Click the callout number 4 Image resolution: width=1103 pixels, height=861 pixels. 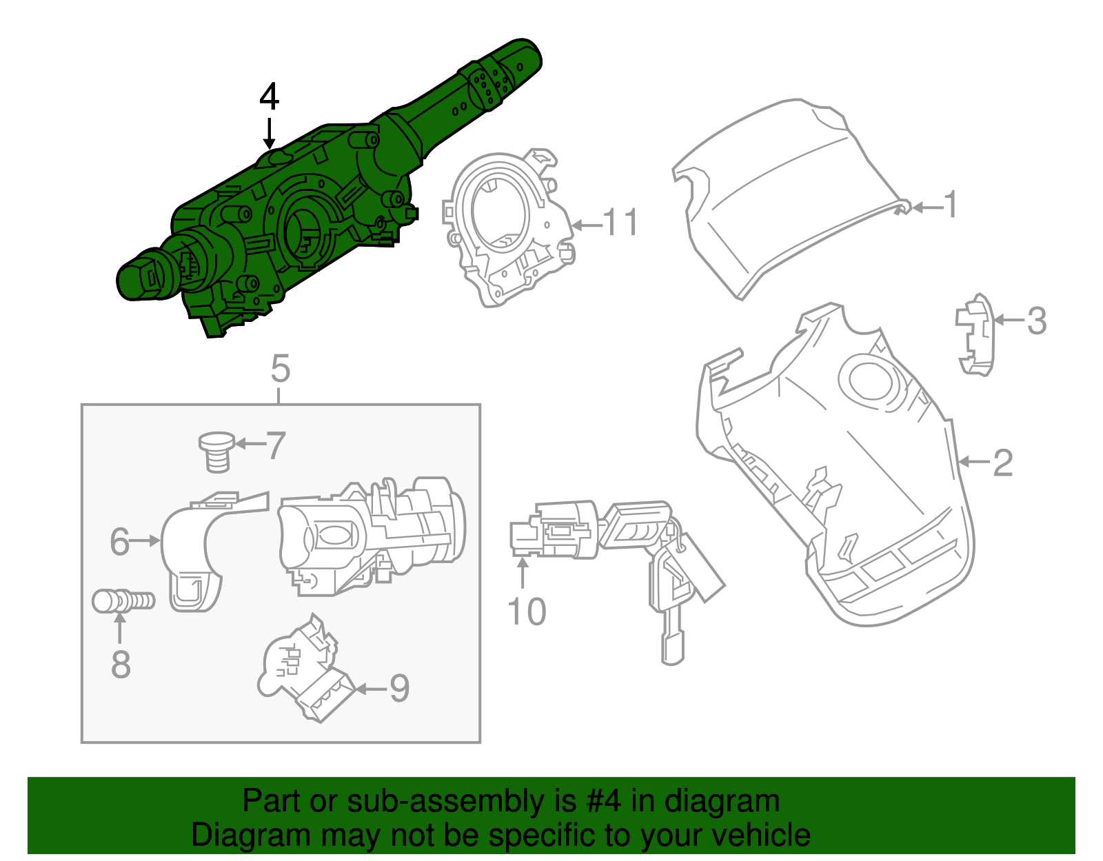(270, 97)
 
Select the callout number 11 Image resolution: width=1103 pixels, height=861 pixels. (620, 223)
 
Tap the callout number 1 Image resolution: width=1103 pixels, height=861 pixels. (951, 205)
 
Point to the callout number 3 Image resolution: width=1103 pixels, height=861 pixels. (1036, 321)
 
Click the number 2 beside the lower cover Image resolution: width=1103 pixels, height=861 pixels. (1003, 463)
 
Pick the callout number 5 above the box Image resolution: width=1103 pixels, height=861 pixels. (280, 369)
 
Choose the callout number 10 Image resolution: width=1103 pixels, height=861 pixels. (527, 611)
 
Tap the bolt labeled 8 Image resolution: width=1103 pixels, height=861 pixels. (123, 601)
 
